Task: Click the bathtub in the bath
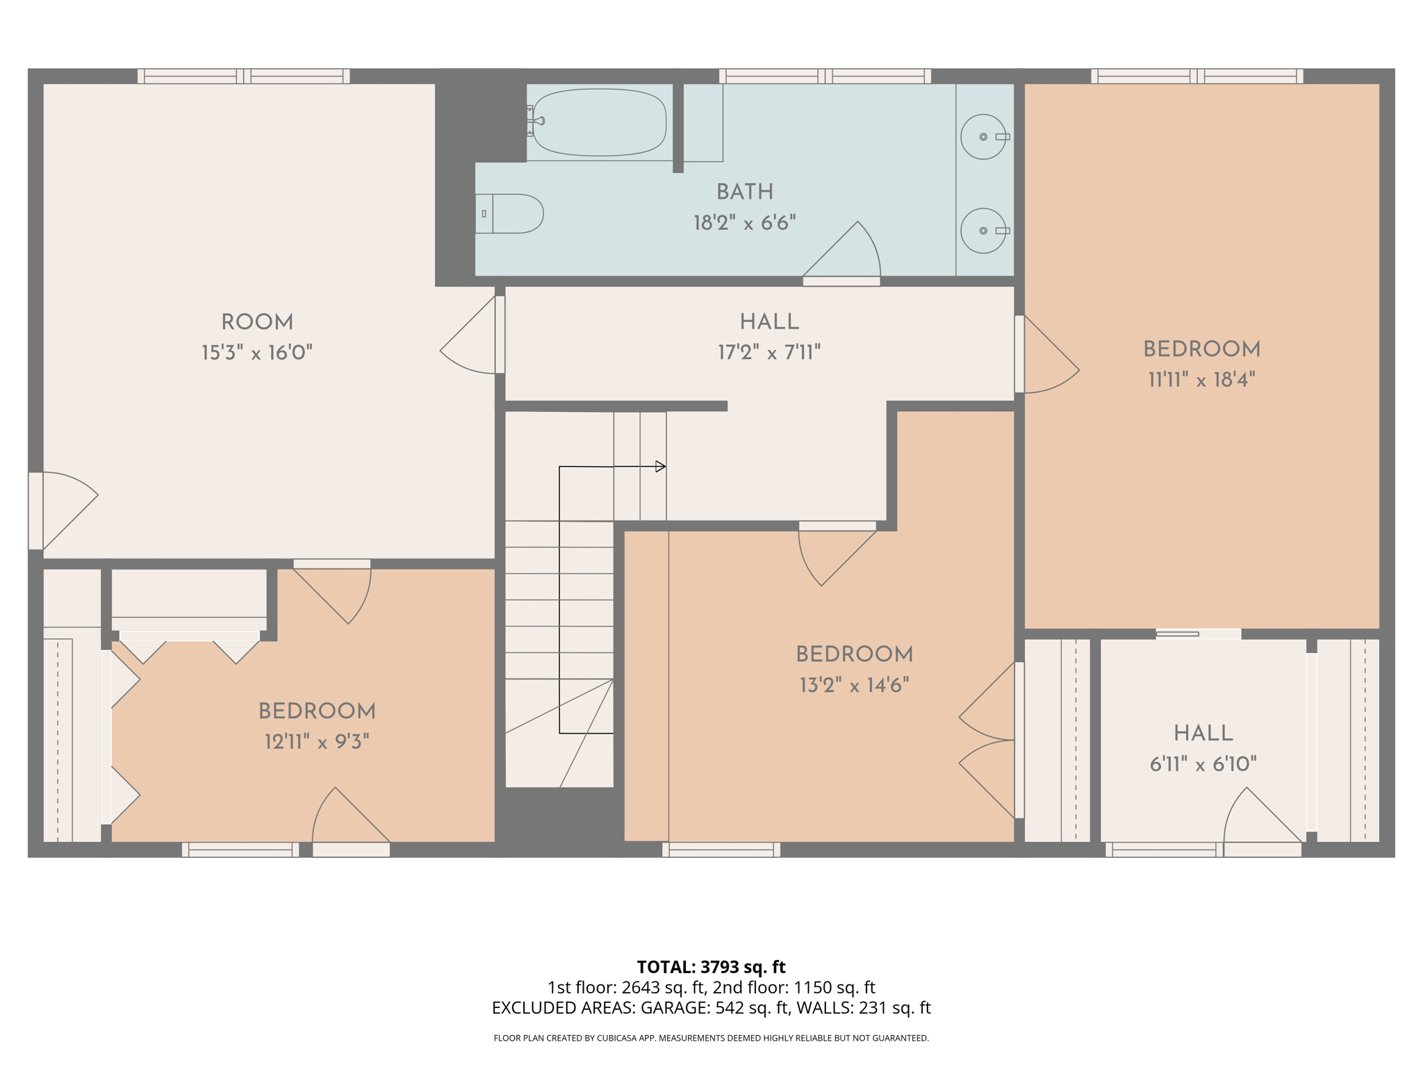click(x=599, y=122)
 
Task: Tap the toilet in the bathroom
click(x=514, y=213)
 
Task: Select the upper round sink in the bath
click(x=982, y=137)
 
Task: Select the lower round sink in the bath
click(x=982, y=231)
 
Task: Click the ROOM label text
click(x=257, y=322)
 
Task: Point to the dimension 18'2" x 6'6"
click(x=744, y=223)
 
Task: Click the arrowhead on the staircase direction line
click(x=661, y=467)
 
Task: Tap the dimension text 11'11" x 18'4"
click(x=1201, y=380)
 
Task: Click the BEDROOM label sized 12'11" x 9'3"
click(x=317, y=711)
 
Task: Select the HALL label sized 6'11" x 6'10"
click(x=1203, y=734)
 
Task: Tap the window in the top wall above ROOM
click(x=243, y=76)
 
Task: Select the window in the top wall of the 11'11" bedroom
click(x=1196, y=76)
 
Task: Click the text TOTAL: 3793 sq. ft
click(x=711, y=967)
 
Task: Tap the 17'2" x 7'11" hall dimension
click(x=769, y=353)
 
